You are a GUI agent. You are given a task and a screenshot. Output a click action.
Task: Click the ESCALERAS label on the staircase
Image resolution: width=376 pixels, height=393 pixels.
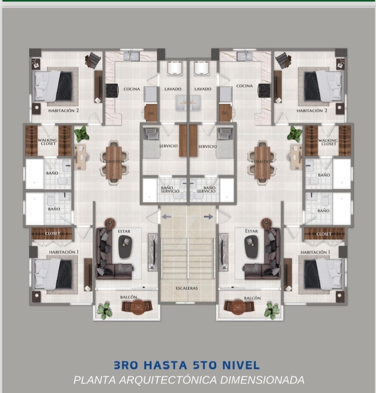pyautogui.click(x=187, y=288)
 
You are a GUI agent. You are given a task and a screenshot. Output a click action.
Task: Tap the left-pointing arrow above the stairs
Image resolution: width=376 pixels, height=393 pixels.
pyautogui.click(x=166, y=216)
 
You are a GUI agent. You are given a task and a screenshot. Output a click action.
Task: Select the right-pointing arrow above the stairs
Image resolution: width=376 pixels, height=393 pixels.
pyautogui.click(x=208, y=216)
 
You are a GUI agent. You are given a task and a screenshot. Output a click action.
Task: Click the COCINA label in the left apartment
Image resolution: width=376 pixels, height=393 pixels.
pyautogui.click(x=132, y=89)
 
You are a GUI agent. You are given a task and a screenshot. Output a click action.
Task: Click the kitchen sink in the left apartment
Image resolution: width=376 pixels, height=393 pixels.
pyautogui.click(x=132, y=56)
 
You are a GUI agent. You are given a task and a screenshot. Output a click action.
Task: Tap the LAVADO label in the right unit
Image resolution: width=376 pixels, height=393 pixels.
pyautogui.click(x=203, y=89)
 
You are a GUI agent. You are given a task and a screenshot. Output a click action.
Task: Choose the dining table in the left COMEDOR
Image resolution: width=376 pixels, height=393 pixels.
pyautogui.click(x=114, y=162)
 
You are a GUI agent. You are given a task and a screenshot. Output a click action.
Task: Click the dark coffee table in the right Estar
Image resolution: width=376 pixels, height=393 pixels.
pyautogui.click(x=251, y=247)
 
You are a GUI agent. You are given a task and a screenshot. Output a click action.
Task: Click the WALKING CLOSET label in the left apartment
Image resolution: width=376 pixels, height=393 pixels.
pyautogui.click(x=47, y=142)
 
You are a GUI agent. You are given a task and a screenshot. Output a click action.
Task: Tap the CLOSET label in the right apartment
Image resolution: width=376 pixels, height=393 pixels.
pyautogui.click(x=324, y=234)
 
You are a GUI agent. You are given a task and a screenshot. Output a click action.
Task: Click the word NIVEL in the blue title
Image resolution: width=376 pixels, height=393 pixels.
pyautogui.click(x=241, y=365)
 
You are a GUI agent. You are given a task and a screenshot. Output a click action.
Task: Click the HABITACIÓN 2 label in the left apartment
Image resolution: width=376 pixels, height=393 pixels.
pyautogui.click(x=63, y=110)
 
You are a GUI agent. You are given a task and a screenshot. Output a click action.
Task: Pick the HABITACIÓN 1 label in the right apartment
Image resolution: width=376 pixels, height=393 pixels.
pyautogui.click(x=315, y=252)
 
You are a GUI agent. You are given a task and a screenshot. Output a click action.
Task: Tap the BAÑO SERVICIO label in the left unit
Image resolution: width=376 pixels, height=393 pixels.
pyautogui.click(x=170, y=189)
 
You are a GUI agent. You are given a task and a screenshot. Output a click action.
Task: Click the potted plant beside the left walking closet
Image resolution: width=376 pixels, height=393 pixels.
pyautogui.click(x=82, y=134)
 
